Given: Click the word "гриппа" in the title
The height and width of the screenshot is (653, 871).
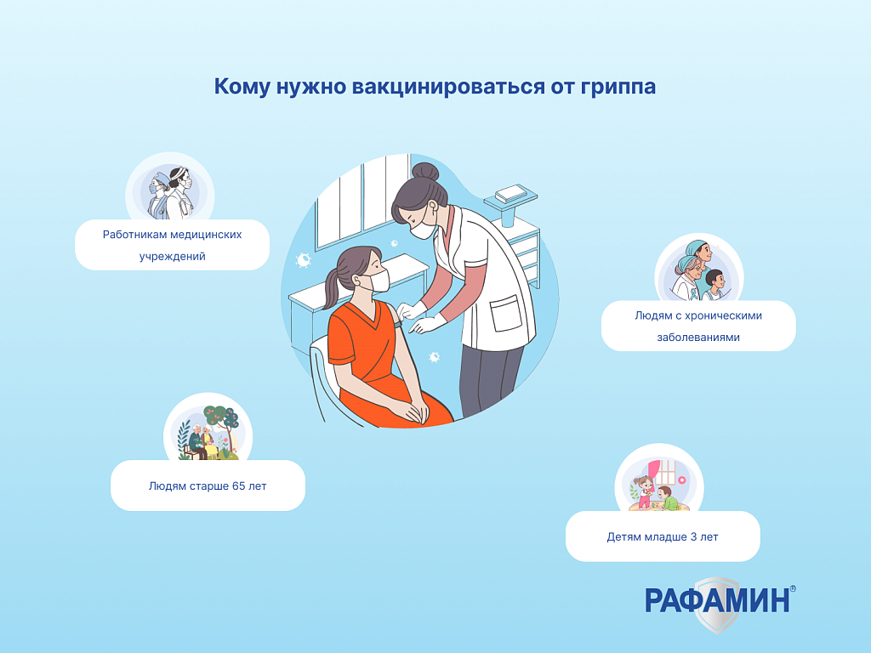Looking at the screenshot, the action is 618,88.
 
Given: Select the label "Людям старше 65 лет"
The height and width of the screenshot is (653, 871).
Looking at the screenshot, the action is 208,485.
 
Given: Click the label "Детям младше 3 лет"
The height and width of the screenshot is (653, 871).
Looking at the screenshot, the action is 663,537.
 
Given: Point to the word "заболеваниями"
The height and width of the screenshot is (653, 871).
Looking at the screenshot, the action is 698,337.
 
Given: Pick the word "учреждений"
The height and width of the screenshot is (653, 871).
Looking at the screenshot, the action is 172,257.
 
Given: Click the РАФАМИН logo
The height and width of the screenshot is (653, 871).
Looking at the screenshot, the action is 720,604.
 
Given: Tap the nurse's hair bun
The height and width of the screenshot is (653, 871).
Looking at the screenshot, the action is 425,172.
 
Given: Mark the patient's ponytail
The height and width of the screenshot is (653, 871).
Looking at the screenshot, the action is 332,289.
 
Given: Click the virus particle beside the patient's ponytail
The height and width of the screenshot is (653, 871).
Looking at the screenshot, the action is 303,260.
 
